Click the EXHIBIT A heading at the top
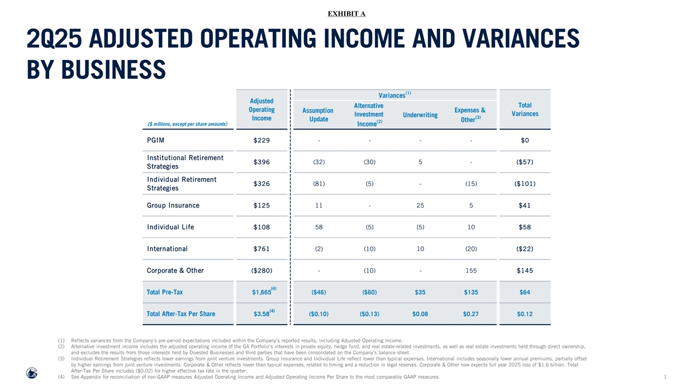tap(346, 14)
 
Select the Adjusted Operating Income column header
tap(262, 110)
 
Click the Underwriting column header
tap(420, 115)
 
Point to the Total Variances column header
tap(525, 110)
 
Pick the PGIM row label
tap(155, 140)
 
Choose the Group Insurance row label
tap(173, 206)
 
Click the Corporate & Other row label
tap(175, 270)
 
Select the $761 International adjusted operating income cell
tap(262, 249)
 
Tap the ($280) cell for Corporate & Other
tap(262, 270)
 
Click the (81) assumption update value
tap(319, 184)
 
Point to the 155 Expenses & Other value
tap(471, 270)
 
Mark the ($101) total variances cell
tap(525, 184)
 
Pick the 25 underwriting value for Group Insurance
tap(420, 206)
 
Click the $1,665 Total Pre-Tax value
tap(262, 292)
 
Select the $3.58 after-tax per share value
tap(262, 314)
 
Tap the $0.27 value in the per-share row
tap(471, 314)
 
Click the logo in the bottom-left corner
tap(32, 373)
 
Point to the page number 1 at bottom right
tap(665, 377)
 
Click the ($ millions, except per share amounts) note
tap(188, 124)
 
